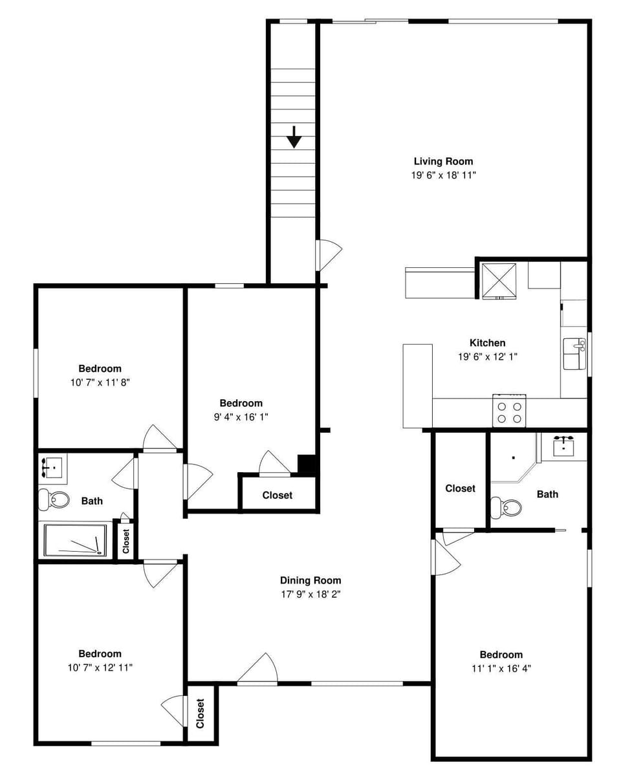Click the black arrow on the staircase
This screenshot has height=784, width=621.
pos(294,137)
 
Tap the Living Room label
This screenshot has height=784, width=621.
pos(443,161)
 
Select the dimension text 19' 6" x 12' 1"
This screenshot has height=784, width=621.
pos(487,356)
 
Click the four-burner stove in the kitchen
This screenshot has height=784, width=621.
pos(508,412)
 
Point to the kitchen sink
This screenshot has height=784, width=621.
pos(573,353)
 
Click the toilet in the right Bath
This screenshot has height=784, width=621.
pos(506,507)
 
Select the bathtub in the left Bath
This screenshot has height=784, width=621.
pos(75,540)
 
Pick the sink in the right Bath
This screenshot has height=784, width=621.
pos(563,445)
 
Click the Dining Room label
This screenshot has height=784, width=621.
pos(310,580)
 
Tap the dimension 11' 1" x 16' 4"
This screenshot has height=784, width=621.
pos(501,668)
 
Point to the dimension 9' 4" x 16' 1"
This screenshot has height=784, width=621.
pos(241,417)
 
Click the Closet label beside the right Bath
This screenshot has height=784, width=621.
pos(460,488)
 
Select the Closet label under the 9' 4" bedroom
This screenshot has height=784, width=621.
pos(277,495)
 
